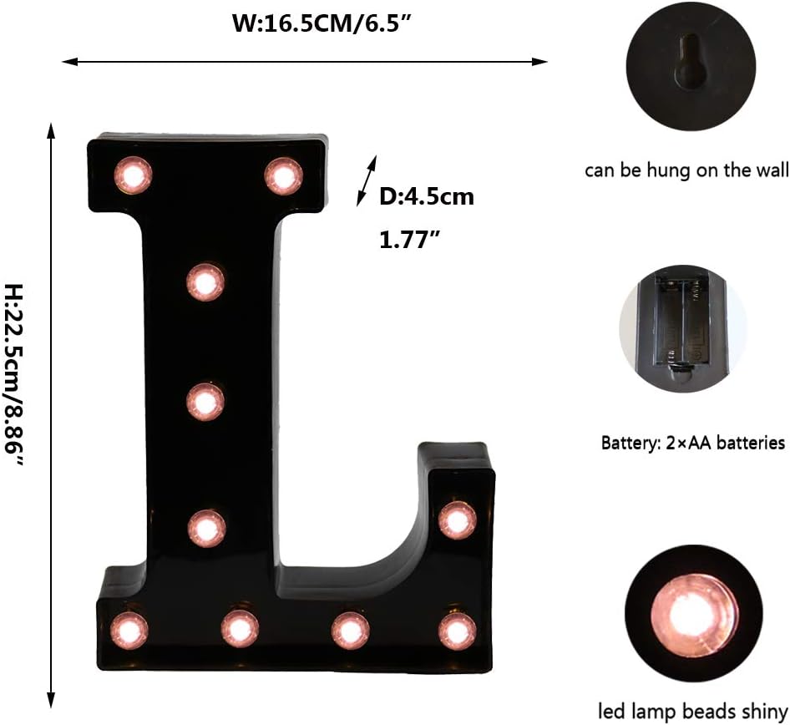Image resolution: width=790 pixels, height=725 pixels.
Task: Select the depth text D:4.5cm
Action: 427,197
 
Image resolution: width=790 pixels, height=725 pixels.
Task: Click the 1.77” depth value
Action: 409,241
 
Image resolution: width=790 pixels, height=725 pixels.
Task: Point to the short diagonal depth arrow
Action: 367,180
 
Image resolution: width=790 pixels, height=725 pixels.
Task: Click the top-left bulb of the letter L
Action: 134,175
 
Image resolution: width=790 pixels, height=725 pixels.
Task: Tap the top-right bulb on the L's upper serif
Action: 283,175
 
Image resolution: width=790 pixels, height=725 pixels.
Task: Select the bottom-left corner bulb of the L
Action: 129,630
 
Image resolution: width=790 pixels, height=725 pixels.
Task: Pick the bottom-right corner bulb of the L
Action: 457,631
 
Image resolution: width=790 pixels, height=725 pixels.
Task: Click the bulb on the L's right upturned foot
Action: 457,520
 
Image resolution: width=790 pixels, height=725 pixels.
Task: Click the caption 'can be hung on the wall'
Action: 686,171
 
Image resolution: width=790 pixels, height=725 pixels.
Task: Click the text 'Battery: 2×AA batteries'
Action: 693,443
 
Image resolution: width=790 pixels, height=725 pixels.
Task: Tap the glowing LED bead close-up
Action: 693,616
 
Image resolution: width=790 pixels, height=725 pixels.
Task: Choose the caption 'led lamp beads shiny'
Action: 693,712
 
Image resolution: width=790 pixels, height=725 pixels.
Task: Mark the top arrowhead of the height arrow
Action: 51,130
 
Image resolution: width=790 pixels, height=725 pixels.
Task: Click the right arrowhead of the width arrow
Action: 541,61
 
